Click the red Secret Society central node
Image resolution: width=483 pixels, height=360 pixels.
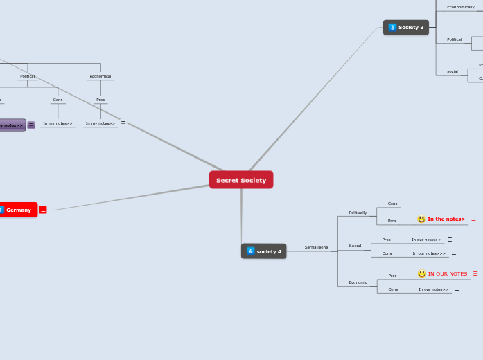[x=241, y=180]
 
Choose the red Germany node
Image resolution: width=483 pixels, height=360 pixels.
[x=19, y=210]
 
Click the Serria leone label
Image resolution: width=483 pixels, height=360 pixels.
[x=316, y=247]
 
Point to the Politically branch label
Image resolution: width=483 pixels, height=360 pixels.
[x=358, y=213]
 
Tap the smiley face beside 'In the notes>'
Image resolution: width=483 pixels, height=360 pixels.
[x=421, y=219]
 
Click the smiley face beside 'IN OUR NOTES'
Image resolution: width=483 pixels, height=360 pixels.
[x=422, y=274]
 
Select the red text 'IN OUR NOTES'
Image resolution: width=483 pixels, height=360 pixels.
[x=448, y=274]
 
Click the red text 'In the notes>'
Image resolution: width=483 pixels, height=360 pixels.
[x=446, y=219]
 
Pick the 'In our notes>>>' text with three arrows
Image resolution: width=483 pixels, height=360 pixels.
[x=429, y=253]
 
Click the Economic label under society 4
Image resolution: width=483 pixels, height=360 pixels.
[x=358, y=282]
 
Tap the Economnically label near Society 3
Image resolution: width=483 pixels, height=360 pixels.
[x=460, y=7]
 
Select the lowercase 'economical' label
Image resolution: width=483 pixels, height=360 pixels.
[x=100, y=76]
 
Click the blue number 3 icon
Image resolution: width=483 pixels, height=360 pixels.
[x=392, y=27]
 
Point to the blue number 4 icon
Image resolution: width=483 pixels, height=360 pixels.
[x=250, y=251]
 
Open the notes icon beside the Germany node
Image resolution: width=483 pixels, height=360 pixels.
[x=43, y=210]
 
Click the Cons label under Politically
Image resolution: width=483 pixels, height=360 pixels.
[x=392, y=204]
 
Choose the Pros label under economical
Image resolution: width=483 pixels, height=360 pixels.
[x=100, y=100]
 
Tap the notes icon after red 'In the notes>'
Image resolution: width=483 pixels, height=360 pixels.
[x=473, y=219]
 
